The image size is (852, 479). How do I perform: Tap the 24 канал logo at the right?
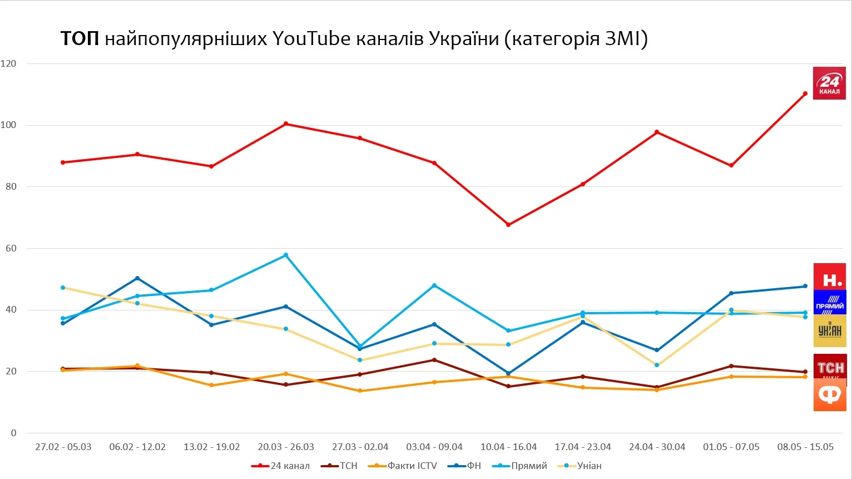tap(829, 83)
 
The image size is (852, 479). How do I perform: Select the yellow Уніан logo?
tap(830, 330)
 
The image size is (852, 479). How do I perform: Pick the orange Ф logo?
tap(830, 396)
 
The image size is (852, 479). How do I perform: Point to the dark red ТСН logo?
tap(830, 367)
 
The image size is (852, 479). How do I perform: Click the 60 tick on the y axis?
tap(11, 248)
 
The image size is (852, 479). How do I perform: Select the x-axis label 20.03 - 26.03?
tap(286, 447)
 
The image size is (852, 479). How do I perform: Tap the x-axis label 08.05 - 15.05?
tap(805, 447)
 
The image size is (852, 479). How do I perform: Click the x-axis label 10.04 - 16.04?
tap(508, 447)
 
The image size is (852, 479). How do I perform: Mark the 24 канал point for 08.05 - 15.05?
tap(805, 93)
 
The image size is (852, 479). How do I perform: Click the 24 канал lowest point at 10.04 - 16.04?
tap(508, 225)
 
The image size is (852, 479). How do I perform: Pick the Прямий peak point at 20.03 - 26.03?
tap(286, 255)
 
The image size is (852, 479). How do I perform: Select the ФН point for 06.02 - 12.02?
tap(137, 278)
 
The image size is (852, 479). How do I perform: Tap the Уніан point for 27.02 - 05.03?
tap(63, 288)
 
